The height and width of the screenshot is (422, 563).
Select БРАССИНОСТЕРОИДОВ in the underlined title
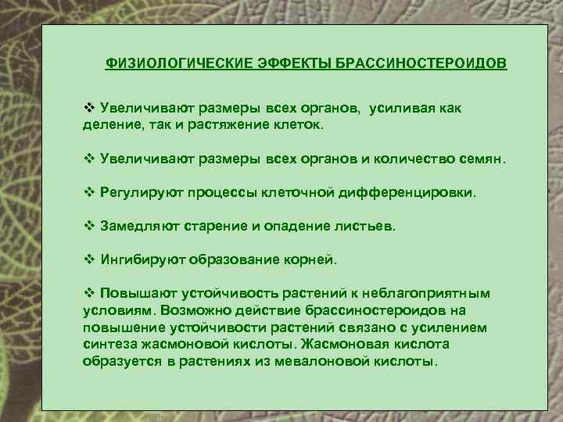421,62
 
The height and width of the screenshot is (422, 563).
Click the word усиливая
400,109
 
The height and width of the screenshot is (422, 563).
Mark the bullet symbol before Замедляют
88,226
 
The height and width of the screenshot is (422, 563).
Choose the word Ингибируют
141,259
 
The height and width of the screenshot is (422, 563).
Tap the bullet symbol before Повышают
88,294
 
